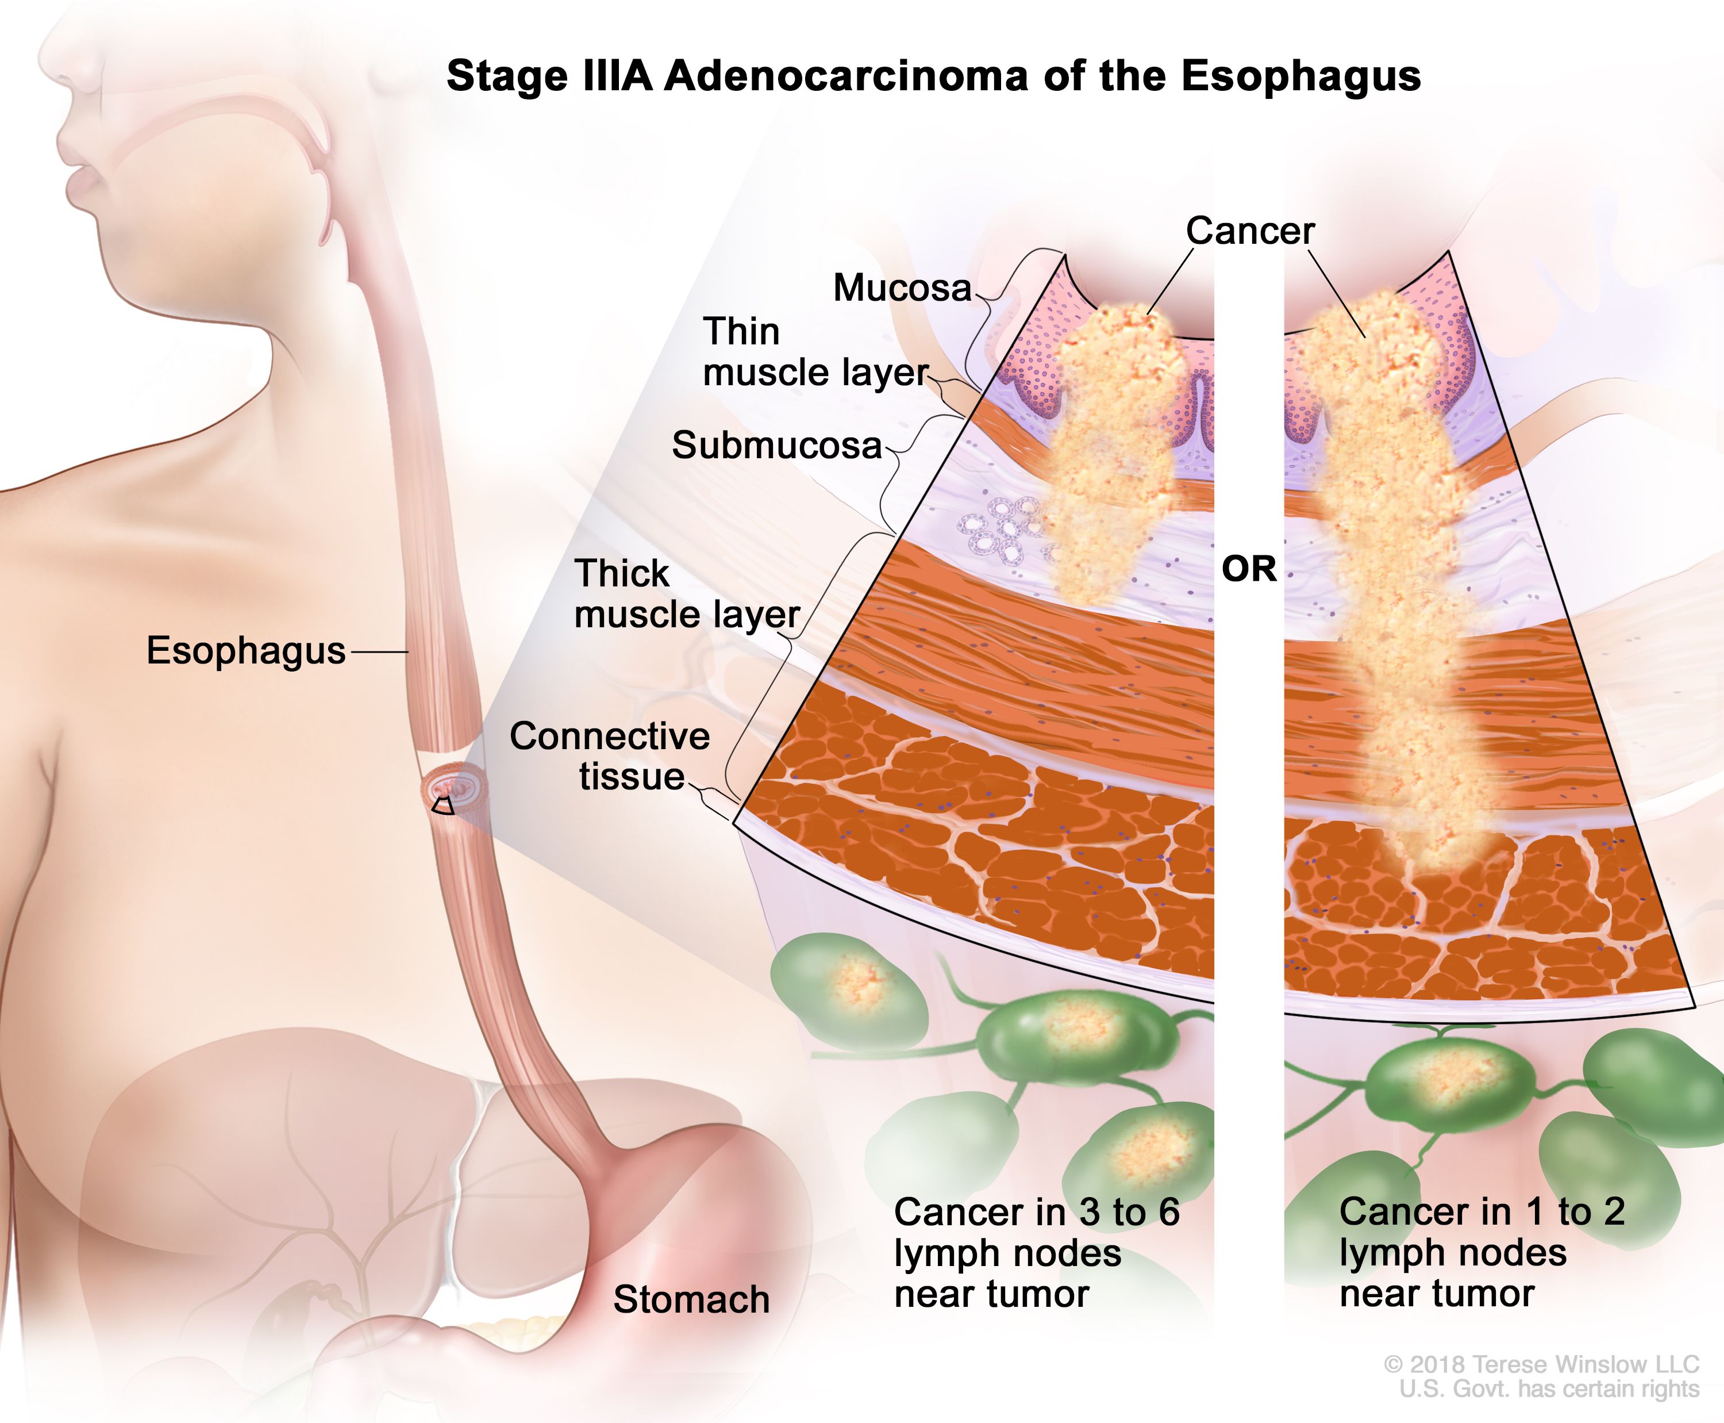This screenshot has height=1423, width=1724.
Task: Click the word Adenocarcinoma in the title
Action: tap(845, 76)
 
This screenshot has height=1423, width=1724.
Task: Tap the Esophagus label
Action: tap(246, 651)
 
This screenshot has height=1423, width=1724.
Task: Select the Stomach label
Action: tap(691, 1299)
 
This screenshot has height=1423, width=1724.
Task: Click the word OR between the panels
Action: tap(1249, 569)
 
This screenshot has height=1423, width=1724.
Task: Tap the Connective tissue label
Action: tap(610, 755)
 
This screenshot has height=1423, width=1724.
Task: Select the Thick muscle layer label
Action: tap(687, 594)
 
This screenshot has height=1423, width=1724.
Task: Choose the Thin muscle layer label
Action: tap(816, 352)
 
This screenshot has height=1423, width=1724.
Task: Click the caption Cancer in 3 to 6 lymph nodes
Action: tap(1037, 1252)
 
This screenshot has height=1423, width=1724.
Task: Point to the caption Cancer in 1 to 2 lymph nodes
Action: tap(1482, 1252)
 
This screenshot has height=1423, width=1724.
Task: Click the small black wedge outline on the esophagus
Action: tap(443, 806)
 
